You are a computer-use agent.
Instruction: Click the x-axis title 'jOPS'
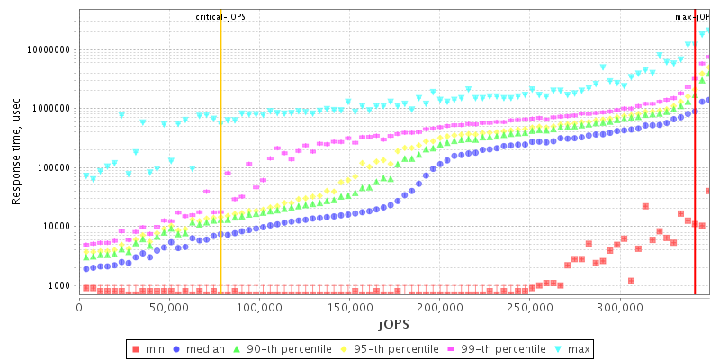tap(393, 322)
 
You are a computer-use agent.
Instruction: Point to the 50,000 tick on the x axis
tap(169, 307)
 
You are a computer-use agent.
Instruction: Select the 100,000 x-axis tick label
tap(259, 307)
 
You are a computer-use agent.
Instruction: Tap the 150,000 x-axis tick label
tap(349, 307)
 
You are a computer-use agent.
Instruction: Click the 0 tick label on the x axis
tap(80, 307)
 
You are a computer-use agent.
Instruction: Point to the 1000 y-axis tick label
tap(58, 286)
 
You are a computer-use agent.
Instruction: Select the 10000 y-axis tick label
tap(56, 227)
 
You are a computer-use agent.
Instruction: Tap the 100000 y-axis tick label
tap(53, 168)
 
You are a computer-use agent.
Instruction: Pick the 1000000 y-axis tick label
tap(50, 109)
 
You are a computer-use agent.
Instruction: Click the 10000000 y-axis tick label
tap(48, 50)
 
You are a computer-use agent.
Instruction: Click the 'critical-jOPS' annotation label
tap(220, 17)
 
